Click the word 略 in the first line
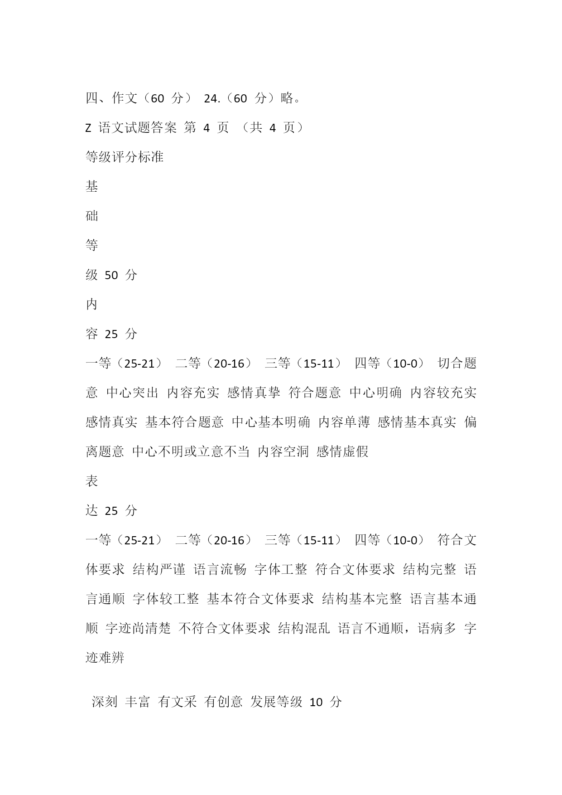(287, 98)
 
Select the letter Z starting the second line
(88, 128)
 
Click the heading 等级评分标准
(125, 157)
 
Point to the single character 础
(92, 216)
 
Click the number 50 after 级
(111, 275)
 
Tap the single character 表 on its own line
(92, 481)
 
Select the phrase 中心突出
(132, 393)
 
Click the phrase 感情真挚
(254, 393)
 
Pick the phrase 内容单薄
(344, 422)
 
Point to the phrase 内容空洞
(283, 451)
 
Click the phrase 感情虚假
(343, 451)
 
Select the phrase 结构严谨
(159, 570)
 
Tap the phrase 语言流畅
(220, 570)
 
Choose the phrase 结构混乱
(304, 629)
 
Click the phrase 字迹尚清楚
(138, 629)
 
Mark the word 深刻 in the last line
(105, 702)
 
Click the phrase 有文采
(177, 702)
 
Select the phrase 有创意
(224, 702)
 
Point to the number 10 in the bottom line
(316, 703)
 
